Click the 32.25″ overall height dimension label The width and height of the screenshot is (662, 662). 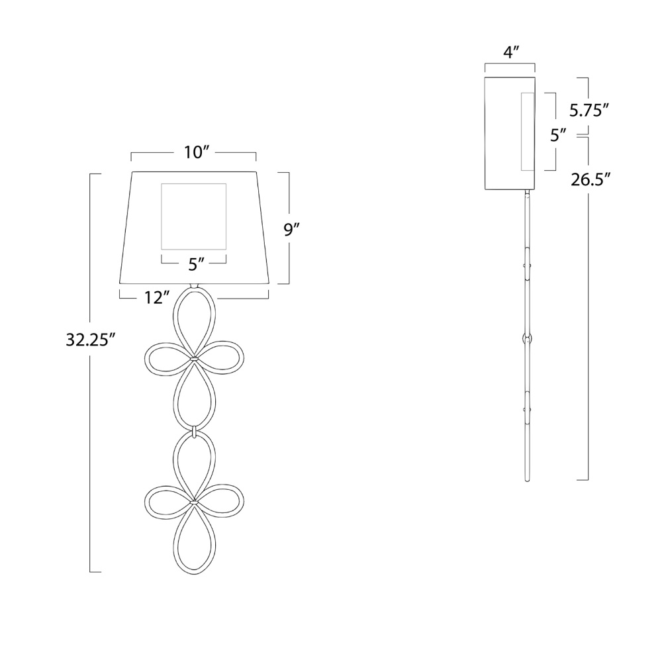(x=91, y=340)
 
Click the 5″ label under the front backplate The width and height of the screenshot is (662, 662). (x=197, y=264)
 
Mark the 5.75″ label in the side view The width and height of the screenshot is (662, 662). (x=589, y=110)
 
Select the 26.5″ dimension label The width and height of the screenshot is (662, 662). (x=591, y=179)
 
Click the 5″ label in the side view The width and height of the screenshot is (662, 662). (x=559, y=135)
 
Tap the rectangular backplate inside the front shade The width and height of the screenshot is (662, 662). (x=194, y=216)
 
